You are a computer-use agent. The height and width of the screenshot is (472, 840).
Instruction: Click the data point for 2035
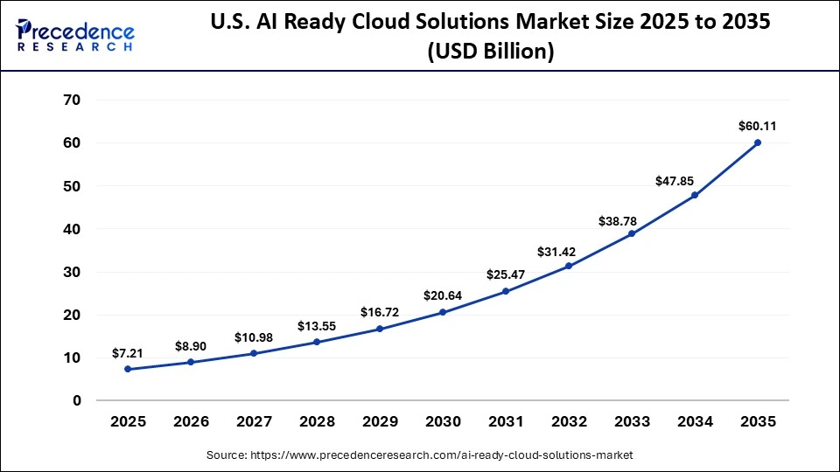[x=758, y=142]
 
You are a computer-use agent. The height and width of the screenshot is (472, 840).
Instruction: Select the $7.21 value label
[x=127, y=352]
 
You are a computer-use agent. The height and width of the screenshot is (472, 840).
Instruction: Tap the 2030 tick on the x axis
[x=443, y=421]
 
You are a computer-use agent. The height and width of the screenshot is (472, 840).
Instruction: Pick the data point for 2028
[x=317, y=342]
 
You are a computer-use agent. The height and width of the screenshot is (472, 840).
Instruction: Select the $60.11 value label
[x=757, y=126]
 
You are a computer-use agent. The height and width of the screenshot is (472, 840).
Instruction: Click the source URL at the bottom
[x=419, y=455]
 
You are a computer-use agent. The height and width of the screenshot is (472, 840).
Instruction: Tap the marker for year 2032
[x=569, y=266]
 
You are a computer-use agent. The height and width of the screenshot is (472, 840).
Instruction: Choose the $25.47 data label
[x=505, y=274]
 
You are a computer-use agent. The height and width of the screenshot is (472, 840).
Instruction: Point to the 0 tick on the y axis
[x=76, y=400]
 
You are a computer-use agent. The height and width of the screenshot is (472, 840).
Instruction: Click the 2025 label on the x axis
[x=128, y=421]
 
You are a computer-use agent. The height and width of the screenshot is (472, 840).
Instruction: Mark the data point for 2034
[x=695, y=195]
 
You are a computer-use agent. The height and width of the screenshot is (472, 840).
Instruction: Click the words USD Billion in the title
[x=490, y=52]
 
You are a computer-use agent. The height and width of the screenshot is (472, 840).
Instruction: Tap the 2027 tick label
[x=254, y=421]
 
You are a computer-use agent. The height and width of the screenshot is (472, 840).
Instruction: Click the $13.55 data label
[x=316, y=325]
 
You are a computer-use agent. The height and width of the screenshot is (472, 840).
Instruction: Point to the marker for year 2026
[x=191, y=362]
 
